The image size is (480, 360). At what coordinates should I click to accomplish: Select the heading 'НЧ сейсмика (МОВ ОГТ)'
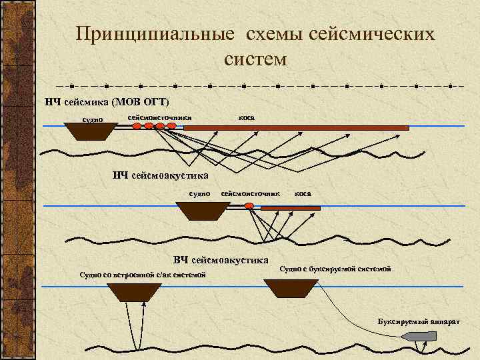[107, 102]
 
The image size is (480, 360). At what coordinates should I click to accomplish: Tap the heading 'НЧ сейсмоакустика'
[161, 175]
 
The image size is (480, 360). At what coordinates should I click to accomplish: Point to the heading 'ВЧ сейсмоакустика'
[221, 259]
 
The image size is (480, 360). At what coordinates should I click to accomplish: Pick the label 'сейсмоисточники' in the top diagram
[159, 117]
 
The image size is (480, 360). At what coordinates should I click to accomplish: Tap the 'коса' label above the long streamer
[246, 117]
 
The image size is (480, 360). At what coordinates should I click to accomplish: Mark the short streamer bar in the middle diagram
[290, 208]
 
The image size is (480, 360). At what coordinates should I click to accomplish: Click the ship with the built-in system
[135, 292]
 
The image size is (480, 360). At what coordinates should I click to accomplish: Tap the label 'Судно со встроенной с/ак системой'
[143, 275]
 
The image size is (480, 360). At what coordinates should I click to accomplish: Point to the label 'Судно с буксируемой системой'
[335, 269]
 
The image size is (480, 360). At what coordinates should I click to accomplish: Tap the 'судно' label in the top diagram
[92, 120]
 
